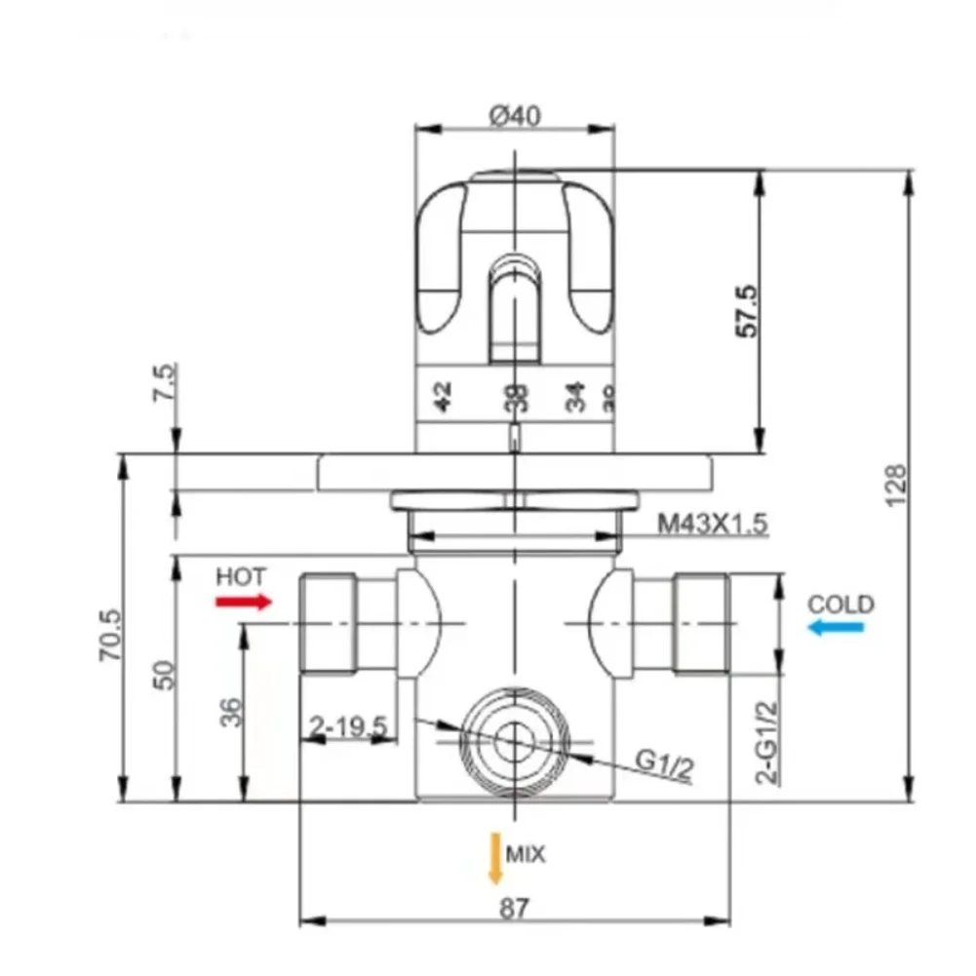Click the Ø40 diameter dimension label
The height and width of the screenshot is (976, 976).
tap(514, 116)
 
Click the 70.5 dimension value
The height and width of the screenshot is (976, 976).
tap(109, 636)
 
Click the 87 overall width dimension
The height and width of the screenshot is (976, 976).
tap(514, 908)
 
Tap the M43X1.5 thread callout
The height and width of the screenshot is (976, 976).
tap(712, 524)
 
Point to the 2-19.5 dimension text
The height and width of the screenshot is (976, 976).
tap(348, 726)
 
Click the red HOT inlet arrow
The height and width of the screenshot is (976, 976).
tap(243, 602)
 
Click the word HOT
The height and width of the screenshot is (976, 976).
tap(241, 575)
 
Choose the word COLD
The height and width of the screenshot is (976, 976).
tap(840, 604)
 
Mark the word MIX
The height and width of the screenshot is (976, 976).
tap(526, 855)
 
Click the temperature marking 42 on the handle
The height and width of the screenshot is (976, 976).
tap(442, 397)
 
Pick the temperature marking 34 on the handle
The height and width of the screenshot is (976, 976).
tap(575, 397)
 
